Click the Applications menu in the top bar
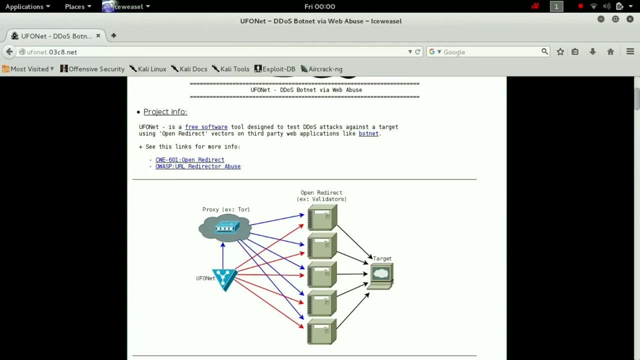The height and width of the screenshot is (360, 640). (27, 6)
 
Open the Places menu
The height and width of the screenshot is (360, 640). (78, 6)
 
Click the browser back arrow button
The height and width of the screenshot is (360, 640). (9, 52)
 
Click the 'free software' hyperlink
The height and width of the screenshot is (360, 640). (206, 127)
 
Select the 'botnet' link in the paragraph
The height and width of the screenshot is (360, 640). (368, 133)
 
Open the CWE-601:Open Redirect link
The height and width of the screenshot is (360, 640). (189, 159)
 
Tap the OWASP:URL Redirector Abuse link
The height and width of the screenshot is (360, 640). (198, 166)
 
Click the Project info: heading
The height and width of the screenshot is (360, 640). (165, 111)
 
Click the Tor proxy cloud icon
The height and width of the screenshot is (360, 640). (225, 227)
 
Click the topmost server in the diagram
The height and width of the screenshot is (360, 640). (322, 217)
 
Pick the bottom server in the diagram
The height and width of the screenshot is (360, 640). (321, 331)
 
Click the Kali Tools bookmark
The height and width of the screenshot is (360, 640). (231, 69)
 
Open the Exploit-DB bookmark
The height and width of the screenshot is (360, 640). (275, 69)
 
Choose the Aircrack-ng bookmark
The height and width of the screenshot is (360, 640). (321, 69)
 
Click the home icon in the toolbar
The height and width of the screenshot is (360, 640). (610, 51)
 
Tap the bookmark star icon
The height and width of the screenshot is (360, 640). (560, 51)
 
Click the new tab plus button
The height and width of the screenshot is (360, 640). (113, 35)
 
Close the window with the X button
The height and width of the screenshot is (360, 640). (630, 19)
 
